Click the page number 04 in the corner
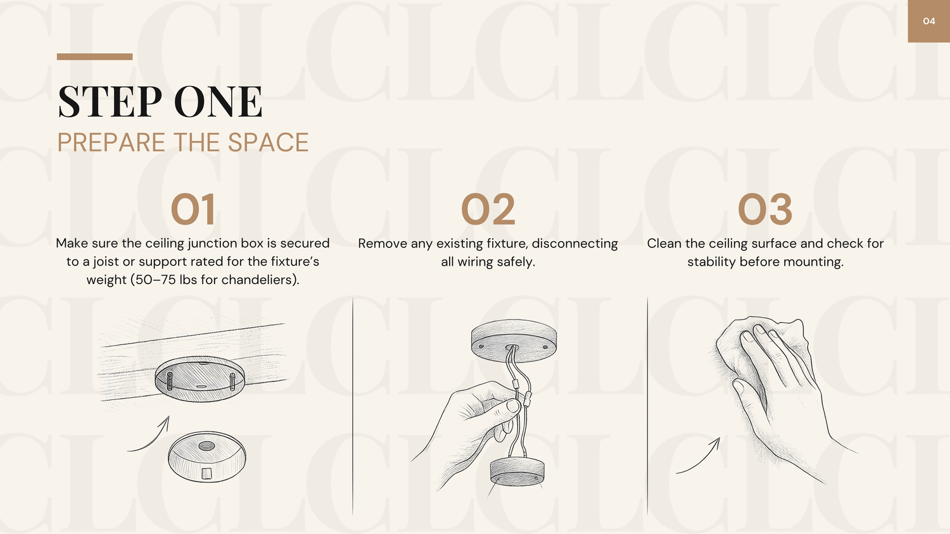[929, 21]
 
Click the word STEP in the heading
[110, 101]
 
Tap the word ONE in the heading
[218, 101]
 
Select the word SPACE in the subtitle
[268, 142]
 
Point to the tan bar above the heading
[94, 57]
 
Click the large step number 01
[193, 209]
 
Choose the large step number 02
[488, 209]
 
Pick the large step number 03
[765, 209]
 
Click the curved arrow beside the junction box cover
[152, 438]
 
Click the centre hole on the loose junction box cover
[206, 445]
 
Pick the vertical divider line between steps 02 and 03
[647, 406]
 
